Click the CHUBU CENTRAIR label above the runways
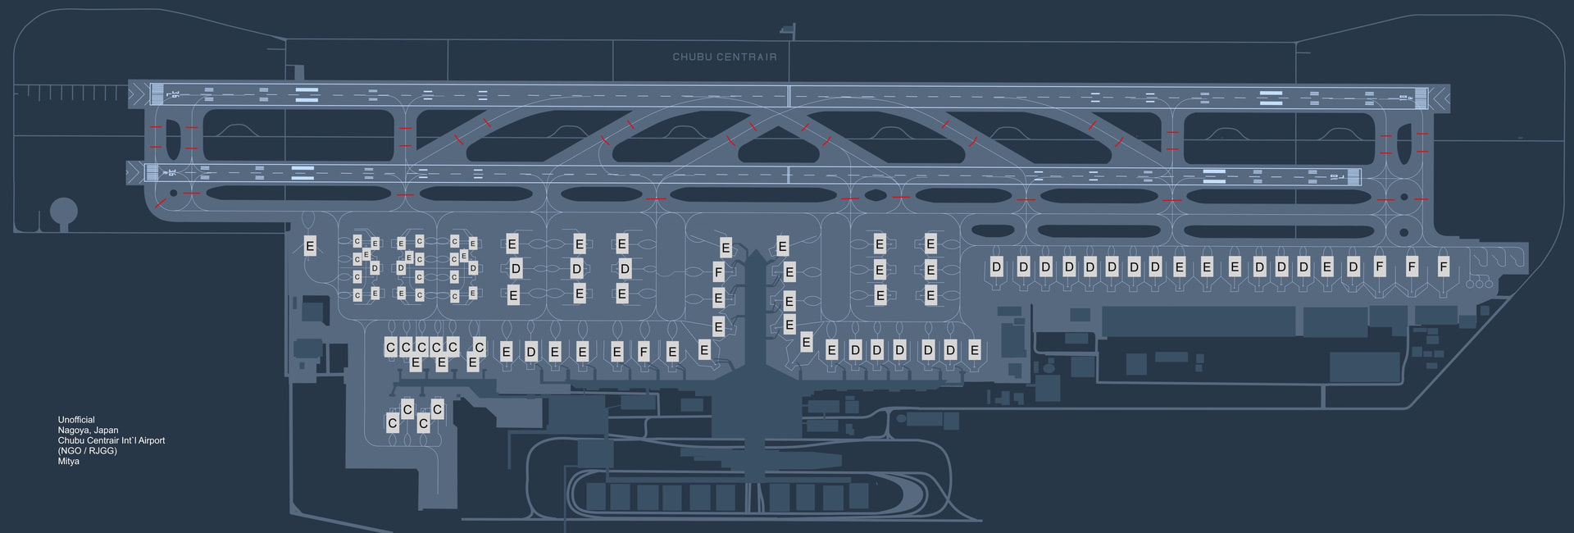coord(724,57)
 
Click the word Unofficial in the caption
coord(76,420)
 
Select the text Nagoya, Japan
coord(88,430)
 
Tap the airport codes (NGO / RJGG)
coord(87,451)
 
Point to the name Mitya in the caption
coord(69,462)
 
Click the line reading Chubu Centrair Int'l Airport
coord(111,440)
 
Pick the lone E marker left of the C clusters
coord(310,246)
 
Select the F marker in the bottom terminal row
coord(644,353)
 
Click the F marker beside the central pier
coord(719,271)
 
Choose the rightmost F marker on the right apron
coord(1444,267)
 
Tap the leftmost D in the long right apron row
coord(996,267)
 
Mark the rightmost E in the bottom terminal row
coord(974,351)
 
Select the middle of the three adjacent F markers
coord(1412,267)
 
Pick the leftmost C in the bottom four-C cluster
coord(392,423)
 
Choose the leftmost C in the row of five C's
coord(391,348)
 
